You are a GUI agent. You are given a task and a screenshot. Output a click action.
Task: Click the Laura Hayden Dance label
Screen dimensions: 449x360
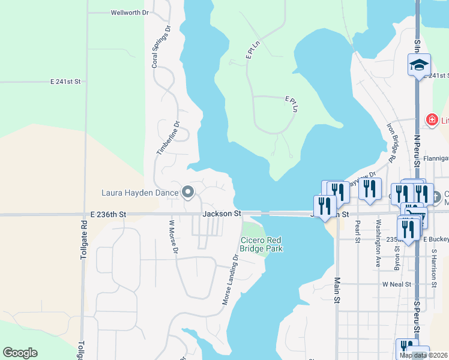coord(140,193)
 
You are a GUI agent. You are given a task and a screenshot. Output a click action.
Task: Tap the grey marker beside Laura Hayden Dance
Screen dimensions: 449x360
coord(188,193)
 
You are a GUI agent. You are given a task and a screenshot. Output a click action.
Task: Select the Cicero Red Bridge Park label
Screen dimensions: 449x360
coord(261,244)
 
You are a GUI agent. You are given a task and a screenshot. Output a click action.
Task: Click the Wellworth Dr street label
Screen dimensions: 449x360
coord(130,12)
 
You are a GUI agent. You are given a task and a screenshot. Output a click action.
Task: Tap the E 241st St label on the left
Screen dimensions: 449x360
coord(65,81)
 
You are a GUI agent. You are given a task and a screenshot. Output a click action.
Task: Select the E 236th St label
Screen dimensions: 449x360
coord(109,214)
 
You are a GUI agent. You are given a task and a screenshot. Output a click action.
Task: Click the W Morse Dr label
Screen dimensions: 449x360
coord(172,237)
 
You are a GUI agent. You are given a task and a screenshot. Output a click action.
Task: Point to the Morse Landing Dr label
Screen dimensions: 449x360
coord(231,280)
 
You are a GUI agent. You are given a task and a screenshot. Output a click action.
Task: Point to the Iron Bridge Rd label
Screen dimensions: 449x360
coord(393,143)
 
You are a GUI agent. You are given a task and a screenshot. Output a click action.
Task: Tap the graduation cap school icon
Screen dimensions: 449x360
coord(419,64)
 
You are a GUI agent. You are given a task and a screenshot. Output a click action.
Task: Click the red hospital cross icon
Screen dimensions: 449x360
coord(431,121)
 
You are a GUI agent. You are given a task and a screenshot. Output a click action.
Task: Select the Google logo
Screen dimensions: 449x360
coord(20,353)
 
